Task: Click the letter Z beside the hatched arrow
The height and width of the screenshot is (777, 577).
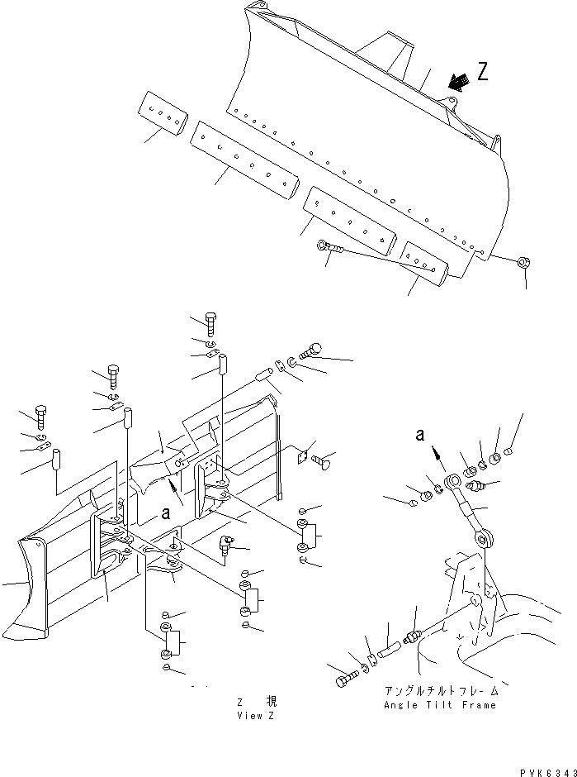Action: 483,72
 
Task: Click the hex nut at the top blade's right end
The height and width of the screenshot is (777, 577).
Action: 523,264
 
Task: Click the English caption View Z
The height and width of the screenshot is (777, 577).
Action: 254,715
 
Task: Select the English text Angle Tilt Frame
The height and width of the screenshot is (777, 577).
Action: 440,704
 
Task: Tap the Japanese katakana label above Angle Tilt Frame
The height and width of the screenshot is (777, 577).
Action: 440,689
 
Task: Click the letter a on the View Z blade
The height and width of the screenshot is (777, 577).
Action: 166,512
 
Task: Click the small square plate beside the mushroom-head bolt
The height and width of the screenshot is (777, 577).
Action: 303,455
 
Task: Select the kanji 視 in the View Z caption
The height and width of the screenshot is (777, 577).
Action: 271,701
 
